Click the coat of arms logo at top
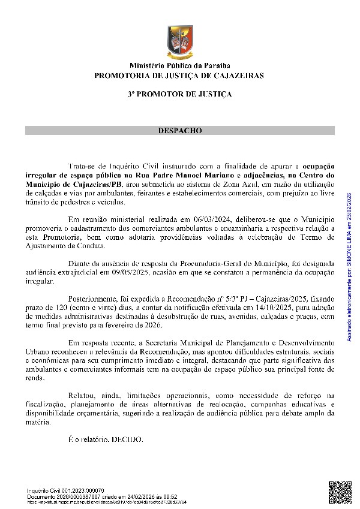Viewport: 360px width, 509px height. pos(179,42)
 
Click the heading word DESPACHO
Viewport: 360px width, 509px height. pos(179,130)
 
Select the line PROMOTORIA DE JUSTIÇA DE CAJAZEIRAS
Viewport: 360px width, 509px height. pos(179,76)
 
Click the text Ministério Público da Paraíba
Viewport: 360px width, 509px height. pos(179,66)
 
